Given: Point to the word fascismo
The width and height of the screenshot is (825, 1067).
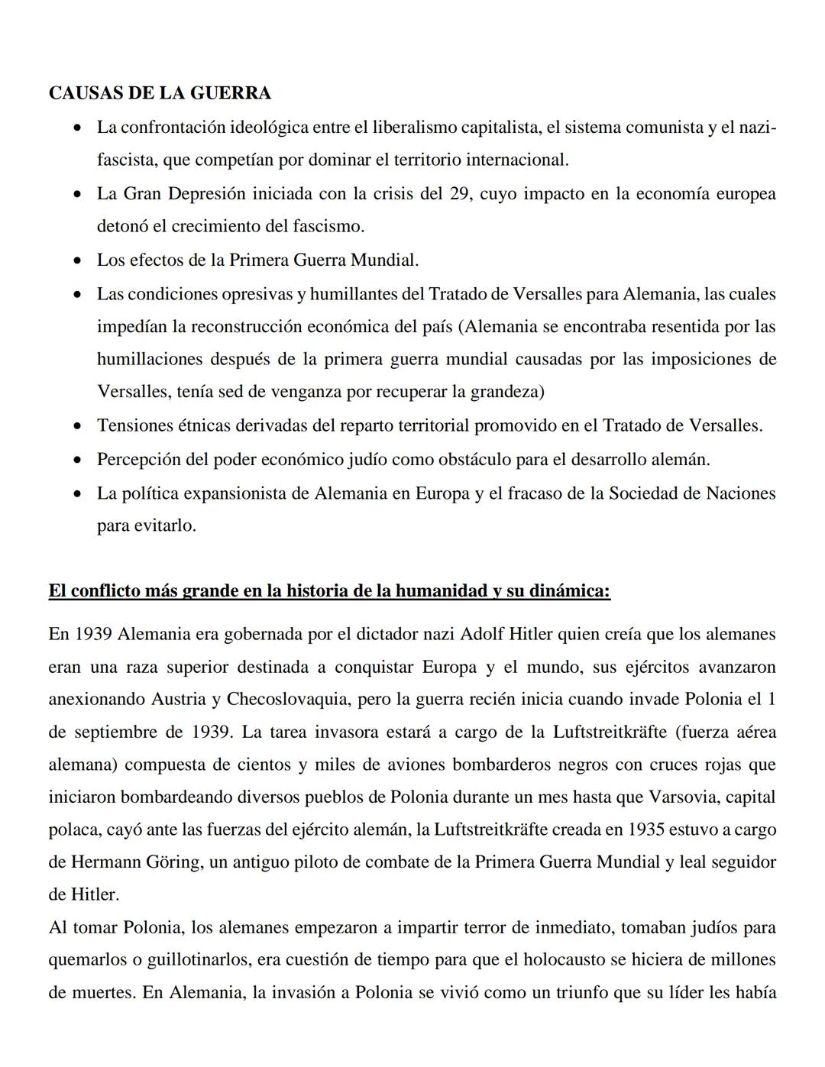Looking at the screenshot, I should coord(326,227).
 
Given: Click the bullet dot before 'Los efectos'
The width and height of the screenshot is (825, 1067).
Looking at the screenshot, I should coord(77,261).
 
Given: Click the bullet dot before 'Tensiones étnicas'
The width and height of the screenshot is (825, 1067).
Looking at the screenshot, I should coord(77,426).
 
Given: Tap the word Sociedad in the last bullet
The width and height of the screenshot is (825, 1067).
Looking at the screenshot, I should coord(643,493).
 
